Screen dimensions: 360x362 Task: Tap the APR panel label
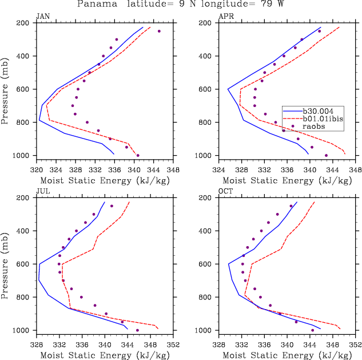click(226, 17)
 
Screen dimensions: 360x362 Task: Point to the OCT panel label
click(226, 192)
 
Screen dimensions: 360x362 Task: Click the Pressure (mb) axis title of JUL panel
click(6, 264)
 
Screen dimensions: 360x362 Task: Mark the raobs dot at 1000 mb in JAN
click(138, 155)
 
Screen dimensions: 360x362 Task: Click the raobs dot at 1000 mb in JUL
click(137, 330)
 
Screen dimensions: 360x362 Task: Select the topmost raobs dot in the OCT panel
click(291, 206)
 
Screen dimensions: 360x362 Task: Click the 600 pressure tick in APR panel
click(207, 89)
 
